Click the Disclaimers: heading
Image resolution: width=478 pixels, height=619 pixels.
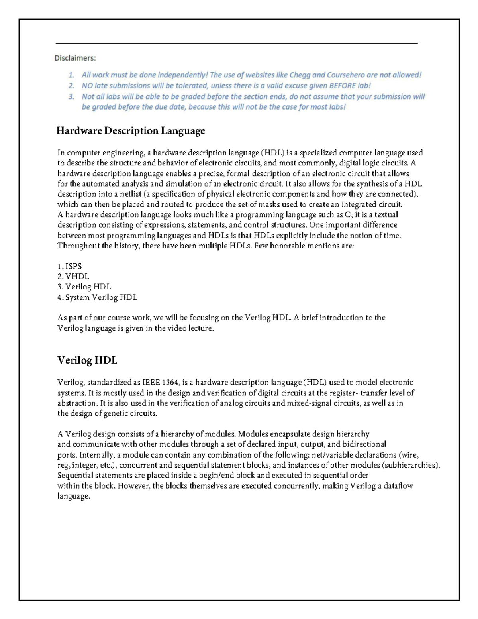click(75, 58)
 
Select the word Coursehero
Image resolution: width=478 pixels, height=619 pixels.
click(345, 75)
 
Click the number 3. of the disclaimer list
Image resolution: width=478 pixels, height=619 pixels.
click(71, 96)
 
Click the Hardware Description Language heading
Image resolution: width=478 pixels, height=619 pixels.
click(131, 131)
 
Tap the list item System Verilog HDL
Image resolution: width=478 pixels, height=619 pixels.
click(101, 297)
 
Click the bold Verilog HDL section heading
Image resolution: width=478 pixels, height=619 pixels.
click(87, 360)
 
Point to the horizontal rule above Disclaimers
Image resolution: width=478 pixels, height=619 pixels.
click(236, 43)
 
